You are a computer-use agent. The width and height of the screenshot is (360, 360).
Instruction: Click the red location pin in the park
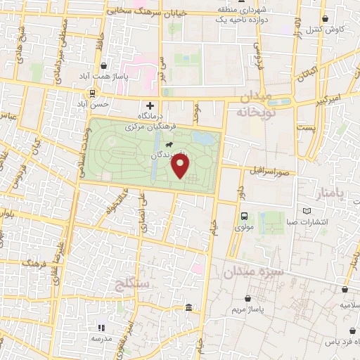click(181, 165)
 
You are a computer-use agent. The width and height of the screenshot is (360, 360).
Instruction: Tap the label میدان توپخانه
click(257, 104)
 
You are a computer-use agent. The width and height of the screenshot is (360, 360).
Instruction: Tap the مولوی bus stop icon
click(244, 216)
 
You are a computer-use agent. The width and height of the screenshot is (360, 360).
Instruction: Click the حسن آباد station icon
click(92, 93)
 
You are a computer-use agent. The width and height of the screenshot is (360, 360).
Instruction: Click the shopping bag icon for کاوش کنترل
click(325, 19)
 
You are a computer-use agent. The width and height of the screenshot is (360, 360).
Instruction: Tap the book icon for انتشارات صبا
click(305, 211)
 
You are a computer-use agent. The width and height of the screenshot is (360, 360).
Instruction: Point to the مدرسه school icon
click(101, 327)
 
